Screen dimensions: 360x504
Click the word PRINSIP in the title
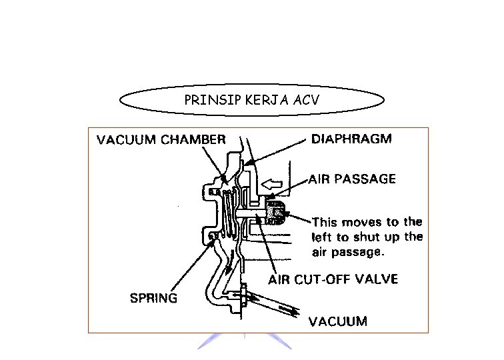tap(203, 101)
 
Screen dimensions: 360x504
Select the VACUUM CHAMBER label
tap(161, 140)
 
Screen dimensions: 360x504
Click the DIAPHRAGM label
tap(353, 139)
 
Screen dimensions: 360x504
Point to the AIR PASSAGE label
tap(352, 179)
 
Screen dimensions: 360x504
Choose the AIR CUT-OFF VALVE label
tap(334, 279)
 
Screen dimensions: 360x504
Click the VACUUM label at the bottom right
tap(337, 321)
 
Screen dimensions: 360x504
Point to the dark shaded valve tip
tap(275, 212)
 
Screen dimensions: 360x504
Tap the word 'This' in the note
tap(325, 222)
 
